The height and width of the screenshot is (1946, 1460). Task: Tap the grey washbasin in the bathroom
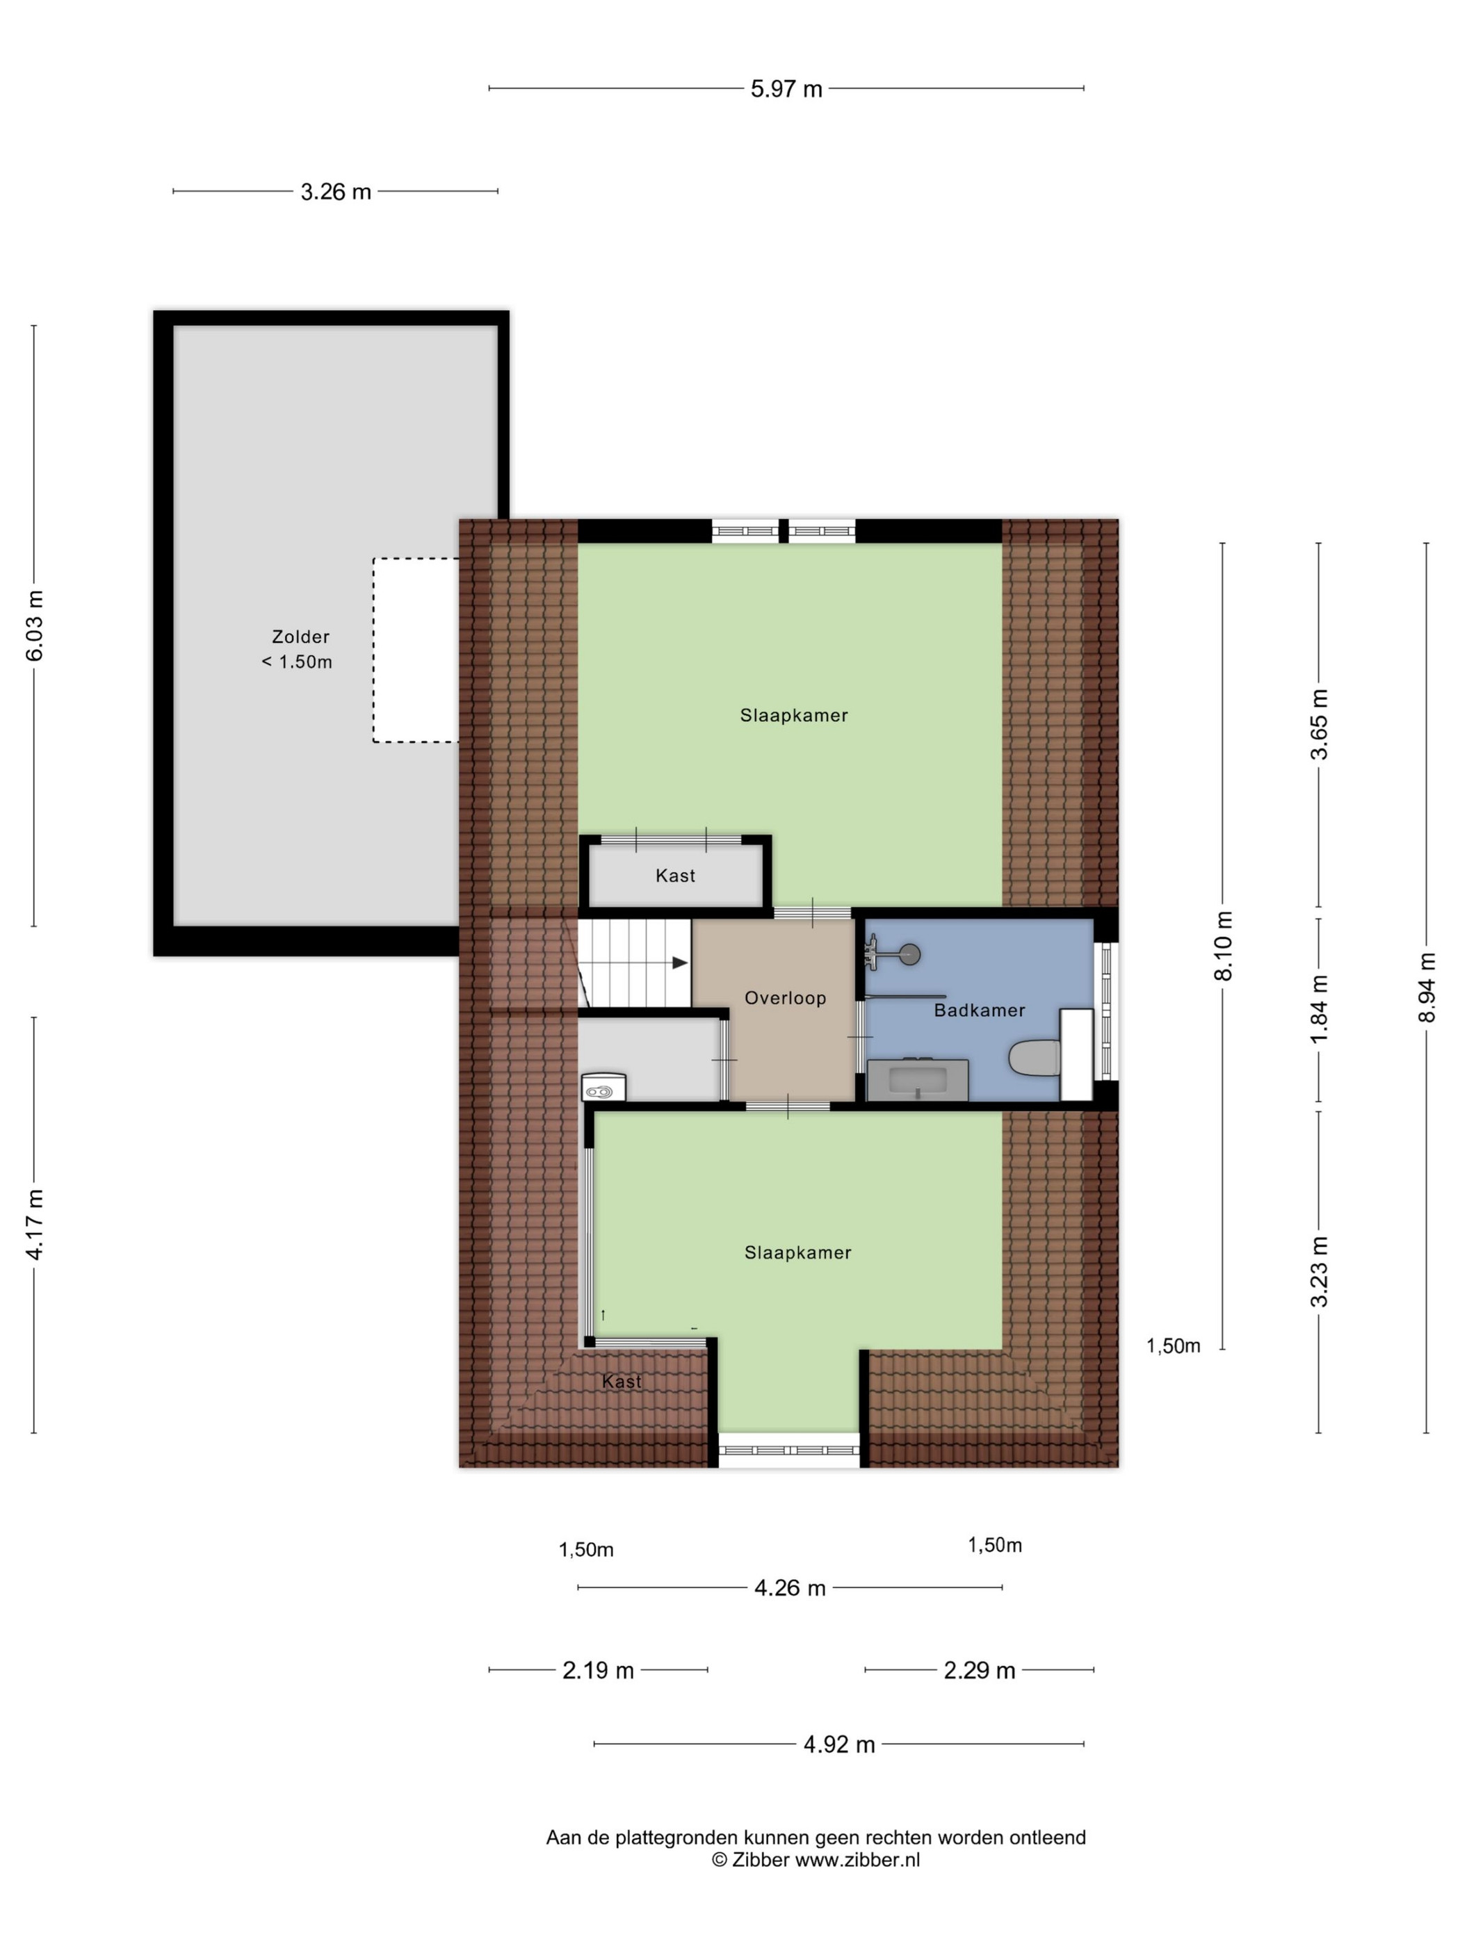coord(918,1080)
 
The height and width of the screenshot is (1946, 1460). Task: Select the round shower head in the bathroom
coord(910,954)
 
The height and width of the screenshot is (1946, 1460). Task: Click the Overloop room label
coord(785,999)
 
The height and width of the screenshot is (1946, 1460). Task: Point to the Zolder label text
coord(300,636)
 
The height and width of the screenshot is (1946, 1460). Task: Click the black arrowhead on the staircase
coord(679,963)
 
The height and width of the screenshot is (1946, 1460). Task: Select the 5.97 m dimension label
coord(786,89)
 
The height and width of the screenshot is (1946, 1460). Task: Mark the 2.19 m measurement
coord(599,1670)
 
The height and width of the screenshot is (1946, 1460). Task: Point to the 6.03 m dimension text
coord(34,625)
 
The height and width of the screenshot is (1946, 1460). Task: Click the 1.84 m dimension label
coord(1318,1010)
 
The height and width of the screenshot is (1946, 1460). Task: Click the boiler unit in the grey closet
coord(603,1088)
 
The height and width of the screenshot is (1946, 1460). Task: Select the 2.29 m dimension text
coord(980,1670)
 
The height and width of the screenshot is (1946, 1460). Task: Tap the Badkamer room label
coord(980,1011)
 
